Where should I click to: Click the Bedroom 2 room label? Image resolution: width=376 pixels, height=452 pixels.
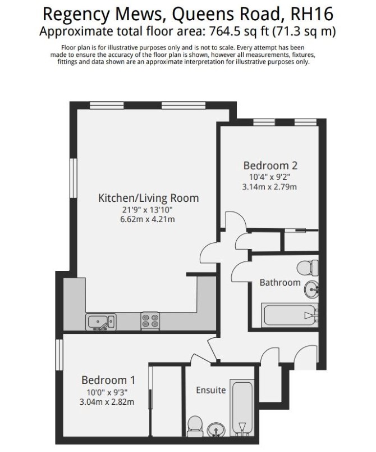270,165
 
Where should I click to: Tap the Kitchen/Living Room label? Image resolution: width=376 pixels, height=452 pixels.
149,198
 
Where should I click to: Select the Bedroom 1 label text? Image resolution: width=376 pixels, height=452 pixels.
108,380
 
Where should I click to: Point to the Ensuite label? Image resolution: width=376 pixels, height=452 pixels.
211,390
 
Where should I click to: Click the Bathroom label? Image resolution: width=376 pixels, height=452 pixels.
280,282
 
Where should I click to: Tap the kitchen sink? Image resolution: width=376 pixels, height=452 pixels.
101,322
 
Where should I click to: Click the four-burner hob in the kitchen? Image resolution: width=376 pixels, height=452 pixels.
150,321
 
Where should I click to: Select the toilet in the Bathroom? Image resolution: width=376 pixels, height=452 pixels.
308,268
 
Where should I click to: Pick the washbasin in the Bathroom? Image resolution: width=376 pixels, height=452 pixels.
311,289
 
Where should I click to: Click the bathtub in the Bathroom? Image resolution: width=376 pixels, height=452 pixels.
290,315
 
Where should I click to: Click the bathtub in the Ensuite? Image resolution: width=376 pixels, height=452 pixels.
242,408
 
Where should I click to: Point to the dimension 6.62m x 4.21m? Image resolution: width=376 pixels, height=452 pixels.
148,219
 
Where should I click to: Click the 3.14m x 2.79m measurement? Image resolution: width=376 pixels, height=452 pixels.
269,187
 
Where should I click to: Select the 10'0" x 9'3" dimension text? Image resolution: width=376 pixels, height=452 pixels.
107,392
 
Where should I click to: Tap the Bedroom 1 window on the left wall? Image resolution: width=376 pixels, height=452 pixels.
59,355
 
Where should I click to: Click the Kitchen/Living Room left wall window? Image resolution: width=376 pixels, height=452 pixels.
74,178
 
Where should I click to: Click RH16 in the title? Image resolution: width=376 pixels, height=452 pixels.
312,13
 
